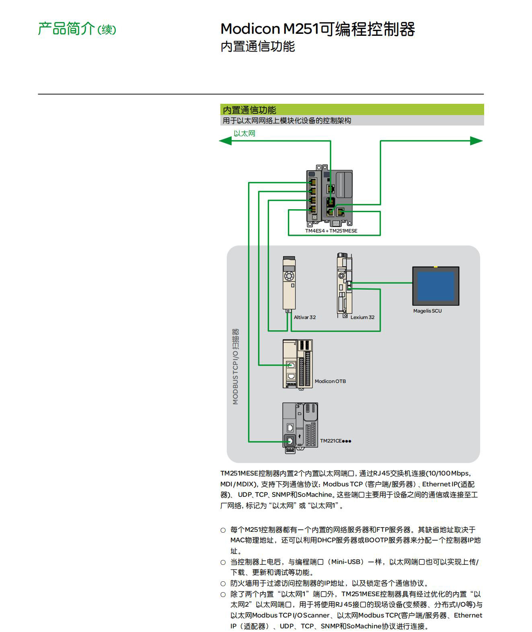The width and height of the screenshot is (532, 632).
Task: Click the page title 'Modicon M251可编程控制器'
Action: [318, 29]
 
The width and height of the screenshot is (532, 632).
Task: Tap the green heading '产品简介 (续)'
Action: [77, 29]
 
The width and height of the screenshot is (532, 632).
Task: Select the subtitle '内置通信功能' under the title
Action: [257, 47]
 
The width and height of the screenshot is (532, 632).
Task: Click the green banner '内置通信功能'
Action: [249, 110]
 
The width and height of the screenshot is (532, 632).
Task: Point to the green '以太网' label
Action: [244, 134]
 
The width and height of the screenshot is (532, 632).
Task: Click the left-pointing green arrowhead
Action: [225, 141]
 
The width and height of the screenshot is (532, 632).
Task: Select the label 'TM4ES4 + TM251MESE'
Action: [331, 231]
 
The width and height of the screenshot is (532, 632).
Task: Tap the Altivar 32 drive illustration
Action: [289, 284]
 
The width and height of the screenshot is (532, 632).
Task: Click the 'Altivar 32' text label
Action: [305, 317]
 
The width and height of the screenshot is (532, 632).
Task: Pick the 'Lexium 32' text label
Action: [362, 317]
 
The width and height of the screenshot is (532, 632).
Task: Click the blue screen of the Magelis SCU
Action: [435, 286]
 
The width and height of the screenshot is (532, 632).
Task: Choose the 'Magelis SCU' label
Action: [427, 311]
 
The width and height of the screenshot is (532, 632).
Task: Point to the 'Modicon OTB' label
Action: [330, 381]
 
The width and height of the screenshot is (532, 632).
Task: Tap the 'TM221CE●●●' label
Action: [336, 441]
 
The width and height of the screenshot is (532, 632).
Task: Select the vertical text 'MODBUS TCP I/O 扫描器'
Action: [236, 366]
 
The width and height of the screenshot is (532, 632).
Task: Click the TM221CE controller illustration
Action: [300, 428]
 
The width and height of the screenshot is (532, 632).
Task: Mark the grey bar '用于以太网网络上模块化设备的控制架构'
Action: [287, 121]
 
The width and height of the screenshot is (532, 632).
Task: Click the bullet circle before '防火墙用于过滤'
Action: [223, 584]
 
